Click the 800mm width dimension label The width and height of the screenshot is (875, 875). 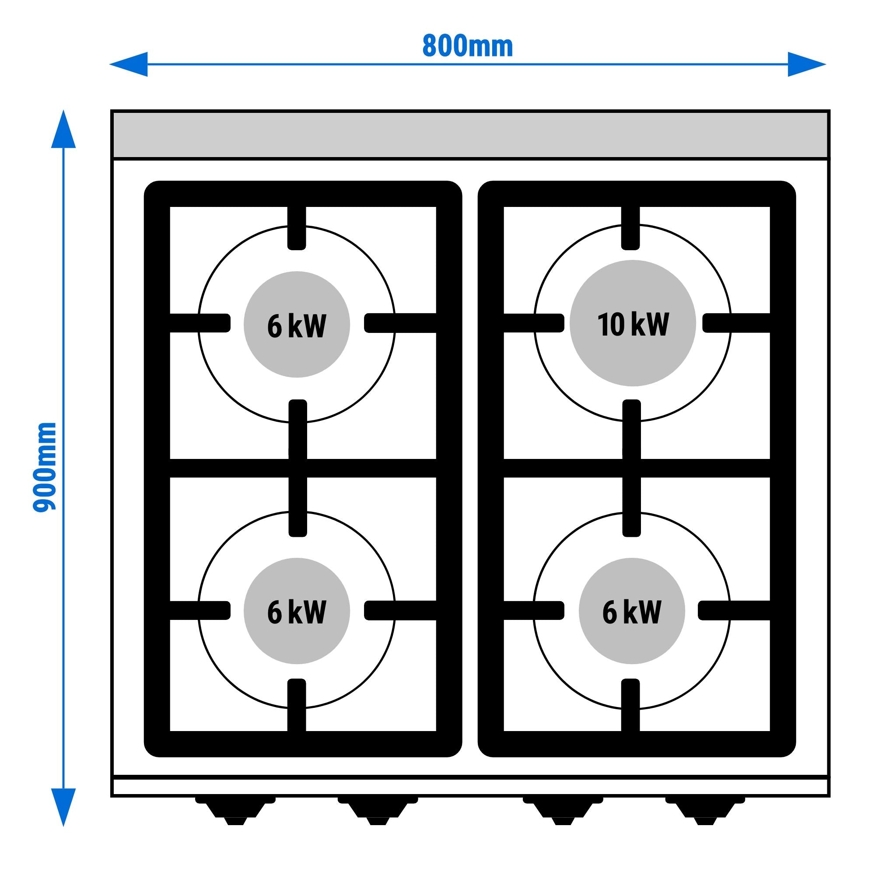click(467, 46)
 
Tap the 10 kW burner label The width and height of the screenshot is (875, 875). click(633, 324)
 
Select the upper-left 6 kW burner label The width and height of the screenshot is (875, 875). click(297, 325)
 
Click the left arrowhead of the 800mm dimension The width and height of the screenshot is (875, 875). click(129, 64)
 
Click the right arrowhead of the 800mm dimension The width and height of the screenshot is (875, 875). click(806, 64)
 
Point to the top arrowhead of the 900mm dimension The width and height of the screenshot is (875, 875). click(63, 129)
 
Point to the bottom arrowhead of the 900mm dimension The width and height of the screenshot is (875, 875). click(63, 807)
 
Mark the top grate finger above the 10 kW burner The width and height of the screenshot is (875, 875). click(631, 227)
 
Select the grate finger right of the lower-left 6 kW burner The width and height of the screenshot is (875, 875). click(399, 610)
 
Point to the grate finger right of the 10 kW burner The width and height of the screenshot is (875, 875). click(736, 323)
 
